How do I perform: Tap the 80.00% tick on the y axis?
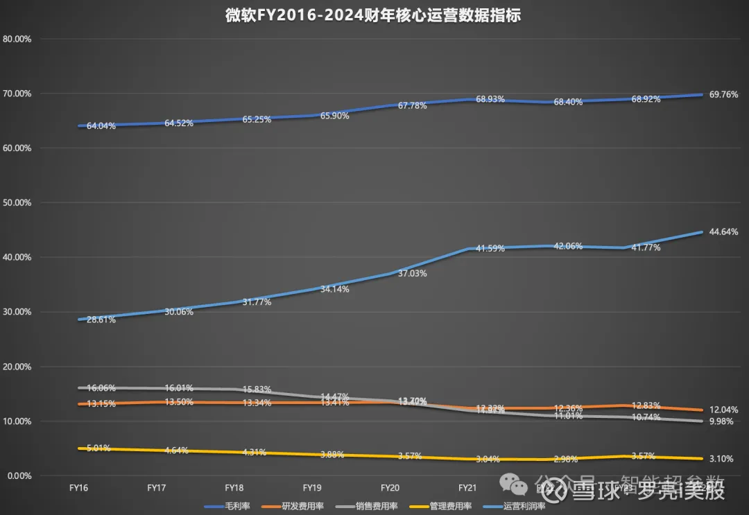coord(17,39)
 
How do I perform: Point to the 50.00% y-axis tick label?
coord(17,203)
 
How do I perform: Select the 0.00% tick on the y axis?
coord(19,476)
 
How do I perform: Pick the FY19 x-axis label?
coord(312,489)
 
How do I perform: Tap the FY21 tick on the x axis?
coord(467,489)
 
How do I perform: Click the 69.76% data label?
coord(724,95)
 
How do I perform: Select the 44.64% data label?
coord(724,232)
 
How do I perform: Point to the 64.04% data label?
coord(101,126)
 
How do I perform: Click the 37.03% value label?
coord(413,274)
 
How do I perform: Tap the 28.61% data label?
coord(101,320)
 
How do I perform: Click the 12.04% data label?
coord(724,410)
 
